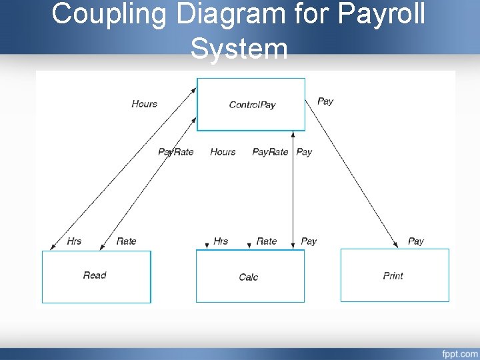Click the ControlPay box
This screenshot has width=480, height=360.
click(251, 104)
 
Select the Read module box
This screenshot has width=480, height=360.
click(96, 276)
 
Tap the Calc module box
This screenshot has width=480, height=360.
click(249, 276)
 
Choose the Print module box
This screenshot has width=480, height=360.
click(394, 275)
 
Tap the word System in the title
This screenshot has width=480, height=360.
click(239, 49)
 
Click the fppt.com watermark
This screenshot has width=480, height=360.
click(459, 353)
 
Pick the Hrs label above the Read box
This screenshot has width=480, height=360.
click(74, 241)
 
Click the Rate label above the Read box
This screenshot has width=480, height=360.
click(126, 241)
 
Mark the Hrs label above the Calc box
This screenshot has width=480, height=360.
click(221, 241)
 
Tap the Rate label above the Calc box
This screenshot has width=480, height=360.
click(266, 241)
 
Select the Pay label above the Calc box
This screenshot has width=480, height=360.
click(309, 241)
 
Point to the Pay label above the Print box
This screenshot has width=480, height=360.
click(415, 241)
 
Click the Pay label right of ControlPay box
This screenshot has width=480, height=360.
click(325, 101)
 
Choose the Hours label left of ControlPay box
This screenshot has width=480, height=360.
click(145, 103)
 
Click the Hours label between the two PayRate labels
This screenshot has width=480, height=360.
click(223, 152)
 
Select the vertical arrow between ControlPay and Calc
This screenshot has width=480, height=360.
click(293, 193)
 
